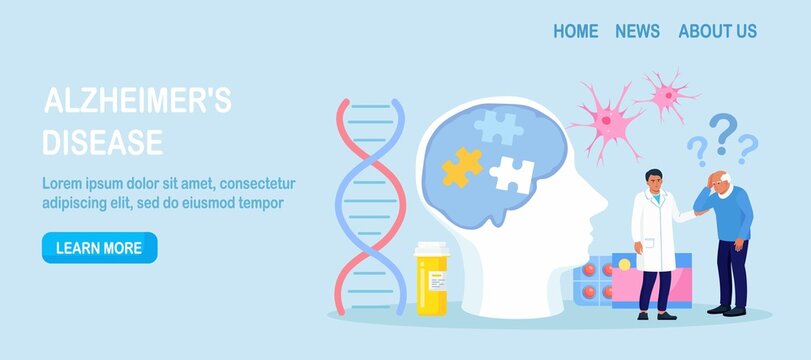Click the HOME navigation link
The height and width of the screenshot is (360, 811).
576,31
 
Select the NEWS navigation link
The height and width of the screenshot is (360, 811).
637,31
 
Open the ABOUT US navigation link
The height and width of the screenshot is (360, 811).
717,31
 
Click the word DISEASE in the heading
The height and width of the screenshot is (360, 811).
102,142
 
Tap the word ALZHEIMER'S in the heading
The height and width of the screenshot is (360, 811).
138,100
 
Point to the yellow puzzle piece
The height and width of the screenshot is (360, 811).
462,167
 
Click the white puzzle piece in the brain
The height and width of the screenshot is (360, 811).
512,175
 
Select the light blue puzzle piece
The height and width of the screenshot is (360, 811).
498,127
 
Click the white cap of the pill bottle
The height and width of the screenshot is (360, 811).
432,248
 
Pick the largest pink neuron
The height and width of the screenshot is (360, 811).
608,121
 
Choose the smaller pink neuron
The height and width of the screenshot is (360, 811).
667,95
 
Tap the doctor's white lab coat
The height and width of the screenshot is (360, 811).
656,231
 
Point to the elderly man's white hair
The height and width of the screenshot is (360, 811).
725,177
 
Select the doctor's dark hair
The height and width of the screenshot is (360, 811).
653,174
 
